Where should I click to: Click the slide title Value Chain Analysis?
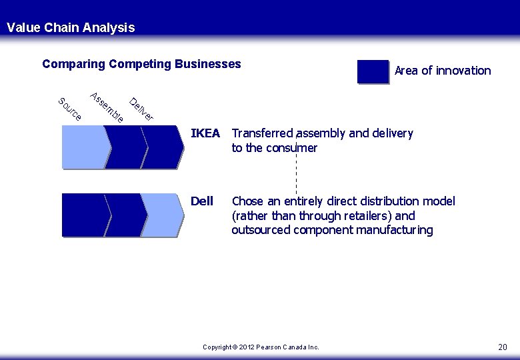tap(71, 27)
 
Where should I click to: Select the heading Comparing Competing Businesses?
tap(141, 64)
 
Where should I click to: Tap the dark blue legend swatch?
tap(373, 72)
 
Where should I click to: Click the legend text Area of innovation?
tap(443, 71)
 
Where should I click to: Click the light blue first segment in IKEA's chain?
tap(83, 147)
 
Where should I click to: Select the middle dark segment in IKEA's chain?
tap(125, 147)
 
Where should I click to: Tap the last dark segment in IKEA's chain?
tap(162, 147)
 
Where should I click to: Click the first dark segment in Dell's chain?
tap(83, 215)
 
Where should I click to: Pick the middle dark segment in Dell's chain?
tap(125, 215)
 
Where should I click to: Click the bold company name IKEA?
tap(205, 133)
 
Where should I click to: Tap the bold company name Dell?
tap(202, 201)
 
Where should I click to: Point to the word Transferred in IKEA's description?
tap(263, 133)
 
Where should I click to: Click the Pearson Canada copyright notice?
tap(261, 347)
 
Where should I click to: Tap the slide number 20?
tap(502, 347)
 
